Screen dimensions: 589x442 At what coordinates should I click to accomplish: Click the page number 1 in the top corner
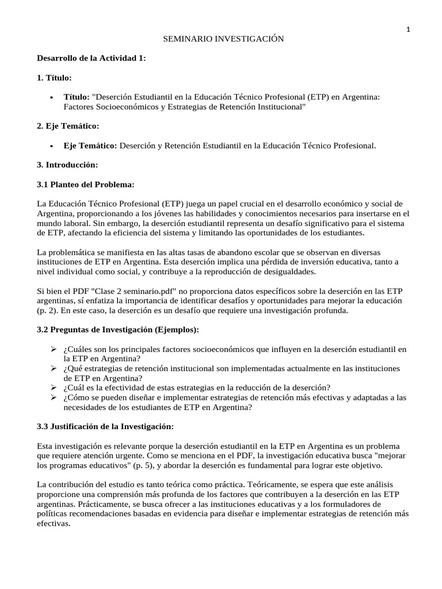[x=408, y=30]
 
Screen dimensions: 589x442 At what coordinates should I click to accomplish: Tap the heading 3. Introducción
[x=67, y=165]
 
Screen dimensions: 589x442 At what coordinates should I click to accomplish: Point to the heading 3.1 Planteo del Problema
[x=85, y=184]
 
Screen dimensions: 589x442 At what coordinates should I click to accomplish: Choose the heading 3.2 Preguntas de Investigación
[x=117, y=330]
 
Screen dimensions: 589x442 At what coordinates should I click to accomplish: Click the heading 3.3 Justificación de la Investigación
[x=105, y=427]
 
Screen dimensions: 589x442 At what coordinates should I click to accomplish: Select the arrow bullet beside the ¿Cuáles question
[x=52, y=349]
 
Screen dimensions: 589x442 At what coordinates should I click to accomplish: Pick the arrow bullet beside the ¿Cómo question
[x=52, y=397]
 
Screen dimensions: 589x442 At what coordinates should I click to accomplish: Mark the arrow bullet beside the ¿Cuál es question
[x=52, y=388]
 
